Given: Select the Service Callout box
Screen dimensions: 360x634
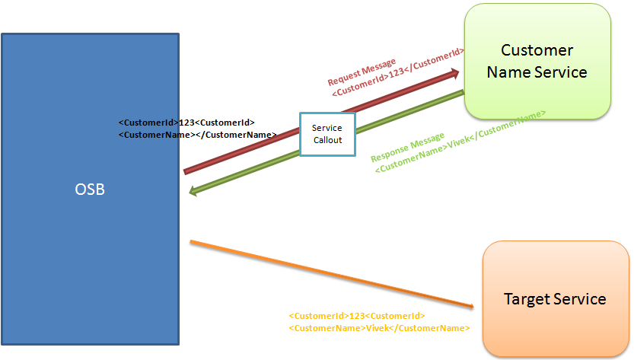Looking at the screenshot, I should coord(327,135).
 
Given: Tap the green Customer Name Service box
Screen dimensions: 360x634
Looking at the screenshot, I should coord(537,61).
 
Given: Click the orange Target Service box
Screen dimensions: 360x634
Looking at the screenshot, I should coord(556,298).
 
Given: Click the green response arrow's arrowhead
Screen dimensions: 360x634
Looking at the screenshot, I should coord(193,192).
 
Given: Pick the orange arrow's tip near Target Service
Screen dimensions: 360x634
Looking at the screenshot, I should coord(471,306).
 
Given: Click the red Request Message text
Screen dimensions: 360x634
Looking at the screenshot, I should coord(362,72).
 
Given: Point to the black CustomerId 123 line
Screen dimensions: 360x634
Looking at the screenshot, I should coord(186,122).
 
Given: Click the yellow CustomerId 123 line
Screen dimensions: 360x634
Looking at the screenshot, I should coord(357,315).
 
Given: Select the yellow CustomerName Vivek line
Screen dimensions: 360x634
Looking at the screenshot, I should coord(379,328).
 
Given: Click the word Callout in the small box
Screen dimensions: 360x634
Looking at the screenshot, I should coord(327,140).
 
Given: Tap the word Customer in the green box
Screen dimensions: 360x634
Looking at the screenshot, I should coord(537,50).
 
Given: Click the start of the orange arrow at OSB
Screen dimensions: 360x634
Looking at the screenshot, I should coord(193,242).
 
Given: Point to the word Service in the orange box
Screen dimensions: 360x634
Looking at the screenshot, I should coord(579,298).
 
